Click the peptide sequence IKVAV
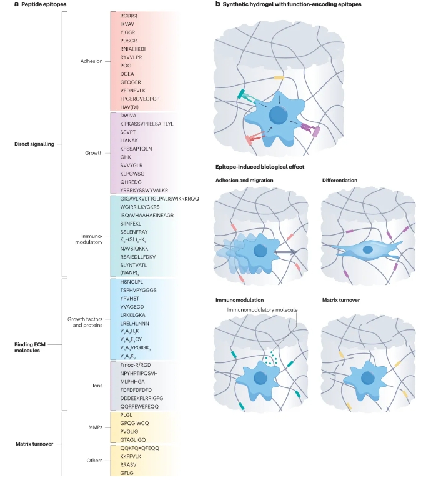click(127, 24)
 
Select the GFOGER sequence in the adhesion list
click(131, 82)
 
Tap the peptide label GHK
click(126, 157)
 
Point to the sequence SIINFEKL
click(131, 224)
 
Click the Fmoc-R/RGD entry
click(136, 365)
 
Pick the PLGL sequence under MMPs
click(126, 415)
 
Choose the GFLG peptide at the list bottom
click(127, 473)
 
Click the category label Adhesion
click(91, 61)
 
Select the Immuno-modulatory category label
click(89, 239)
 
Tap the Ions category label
click(97, 386)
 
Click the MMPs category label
click(95, 427)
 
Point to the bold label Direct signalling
click(34, 144)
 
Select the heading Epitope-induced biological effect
click(260, 167)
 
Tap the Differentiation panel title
click(340, 180)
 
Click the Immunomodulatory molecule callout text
click(262, 310)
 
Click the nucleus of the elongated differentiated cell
click(367, 249)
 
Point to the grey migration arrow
click(285, 252)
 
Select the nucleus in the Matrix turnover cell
click(367, 378)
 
